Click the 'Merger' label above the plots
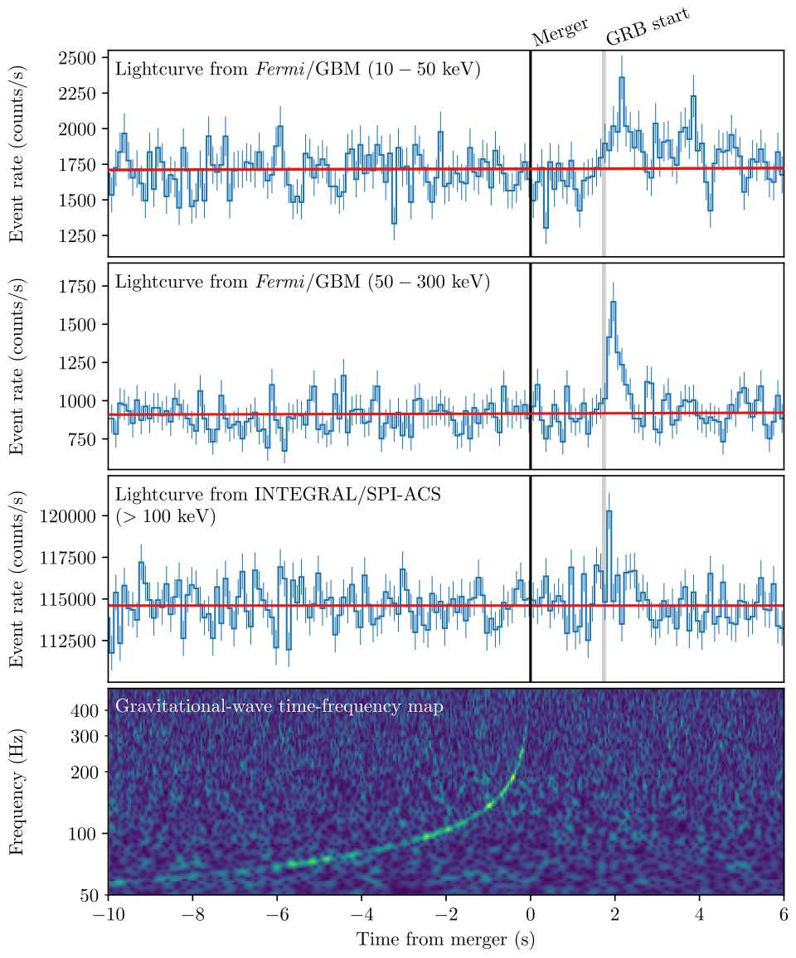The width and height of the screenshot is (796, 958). [x=560, y=33]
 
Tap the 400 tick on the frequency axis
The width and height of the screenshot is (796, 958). [x=88, y=711]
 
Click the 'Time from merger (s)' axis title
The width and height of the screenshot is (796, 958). [x=445, y=941]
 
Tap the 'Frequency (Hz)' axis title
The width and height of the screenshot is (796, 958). [x=17, y=792]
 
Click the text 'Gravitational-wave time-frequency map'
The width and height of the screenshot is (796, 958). [x=279, y=707]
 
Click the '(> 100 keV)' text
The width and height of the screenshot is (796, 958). [x=166, y=517]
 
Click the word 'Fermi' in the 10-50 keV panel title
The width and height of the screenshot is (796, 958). [x=279, y=70]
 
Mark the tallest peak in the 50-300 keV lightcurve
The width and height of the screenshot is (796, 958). [x=613, y=303]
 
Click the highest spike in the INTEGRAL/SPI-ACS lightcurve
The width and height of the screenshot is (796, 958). [x=609, y=512]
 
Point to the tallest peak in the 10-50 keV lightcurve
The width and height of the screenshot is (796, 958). [x=622, y=79]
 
